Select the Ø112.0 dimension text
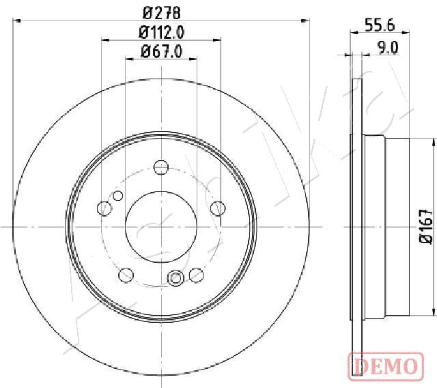pos(161,31)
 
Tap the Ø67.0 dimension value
pos(161,51)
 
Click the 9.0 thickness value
pos(387,47)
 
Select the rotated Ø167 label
pos(425,226)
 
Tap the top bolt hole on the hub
pos(161,167)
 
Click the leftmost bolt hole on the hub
pos(104,208)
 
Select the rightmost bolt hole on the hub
pos(218,208)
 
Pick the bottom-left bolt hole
pos(126,275)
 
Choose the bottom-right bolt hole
pos(197,275)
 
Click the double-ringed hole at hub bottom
pos(175,277)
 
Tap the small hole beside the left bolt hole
pos(118,197)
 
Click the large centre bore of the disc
pos(161,226)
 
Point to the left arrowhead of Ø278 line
pos(17,21)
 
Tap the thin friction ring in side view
pos(356,226)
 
